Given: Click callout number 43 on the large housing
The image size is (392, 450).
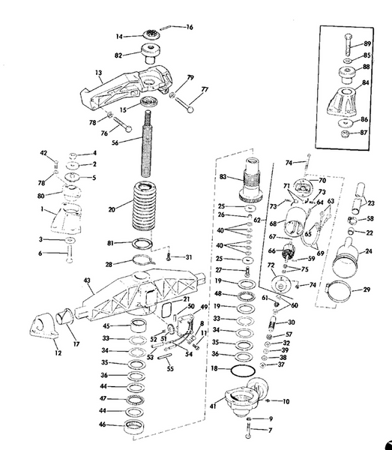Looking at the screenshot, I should [x=88, y=280].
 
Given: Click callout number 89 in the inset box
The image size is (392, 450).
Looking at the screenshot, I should [x=368, y=44].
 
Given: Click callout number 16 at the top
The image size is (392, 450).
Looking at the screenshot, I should [x=190, y=27].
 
